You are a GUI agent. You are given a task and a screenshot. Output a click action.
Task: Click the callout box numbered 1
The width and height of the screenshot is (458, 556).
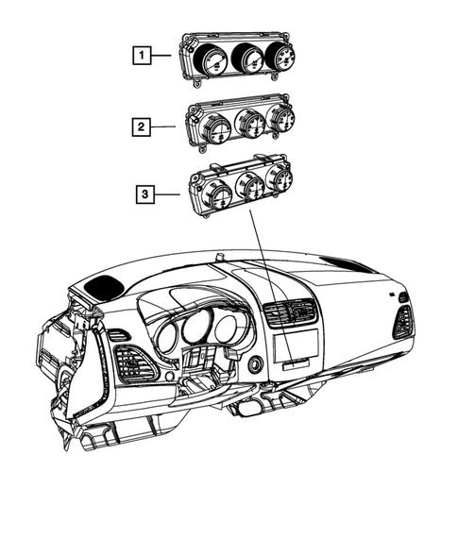tap(141, 56)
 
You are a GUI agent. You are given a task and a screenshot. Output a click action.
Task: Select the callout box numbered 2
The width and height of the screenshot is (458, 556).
tap(141, 125)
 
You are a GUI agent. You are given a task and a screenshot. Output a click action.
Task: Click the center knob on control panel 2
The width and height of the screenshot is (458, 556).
tap(250, 123)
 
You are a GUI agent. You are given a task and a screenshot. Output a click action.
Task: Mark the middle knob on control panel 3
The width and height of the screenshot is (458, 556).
tap(252, 187)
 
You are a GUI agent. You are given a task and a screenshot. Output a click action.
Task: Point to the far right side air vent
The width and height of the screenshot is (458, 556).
tap(403, 321)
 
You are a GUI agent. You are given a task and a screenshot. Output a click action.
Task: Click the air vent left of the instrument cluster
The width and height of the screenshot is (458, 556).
tap(130, 363)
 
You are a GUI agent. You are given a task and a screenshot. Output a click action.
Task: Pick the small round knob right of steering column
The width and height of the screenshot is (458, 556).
tap(256, 364)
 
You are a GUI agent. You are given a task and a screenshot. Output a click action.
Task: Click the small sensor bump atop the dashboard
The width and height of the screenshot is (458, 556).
tap(219, 256)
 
